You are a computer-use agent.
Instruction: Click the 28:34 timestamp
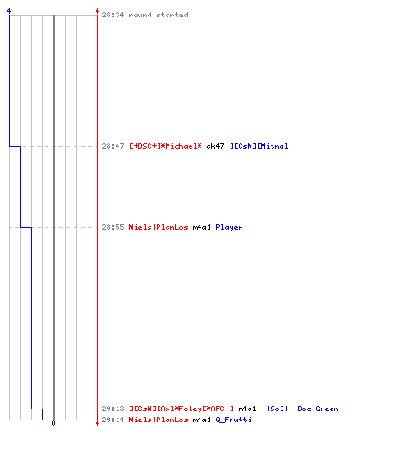pos(113,15)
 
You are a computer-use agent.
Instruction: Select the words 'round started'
pos(159,15)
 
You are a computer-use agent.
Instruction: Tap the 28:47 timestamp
pos(113,146)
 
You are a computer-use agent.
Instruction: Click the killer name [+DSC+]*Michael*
pos(166,146)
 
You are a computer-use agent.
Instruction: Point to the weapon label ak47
pos(215,146)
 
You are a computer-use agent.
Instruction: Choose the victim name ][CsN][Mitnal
pos(259,146)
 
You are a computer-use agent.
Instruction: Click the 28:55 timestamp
pos(113,227)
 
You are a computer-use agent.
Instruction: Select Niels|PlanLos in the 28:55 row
pos(159,227)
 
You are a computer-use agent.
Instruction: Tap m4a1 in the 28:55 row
pos(201,227)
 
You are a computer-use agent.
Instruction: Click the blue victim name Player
pos(229,227)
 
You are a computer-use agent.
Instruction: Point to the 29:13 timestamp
pos(113,409)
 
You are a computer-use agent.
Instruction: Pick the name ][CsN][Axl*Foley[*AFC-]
pos(181,409)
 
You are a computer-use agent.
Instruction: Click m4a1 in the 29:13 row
pos(247,409)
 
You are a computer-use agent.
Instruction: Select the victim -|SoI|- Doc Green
pos(300,409)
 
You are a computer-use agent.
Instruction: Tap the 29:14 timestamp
pos(113,420)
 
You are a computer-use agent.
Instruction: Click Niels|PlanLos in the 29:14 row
pos(159,420)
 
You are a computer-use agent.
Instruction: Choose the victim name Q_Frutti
pos(233,420)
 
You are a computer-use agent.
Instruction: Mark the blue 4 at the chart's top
pos(9,11)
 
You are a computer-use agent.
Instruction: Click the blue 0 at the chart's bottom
pos(53,423)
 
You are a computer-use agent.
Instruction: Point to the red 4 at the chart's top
pos(97,11)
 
